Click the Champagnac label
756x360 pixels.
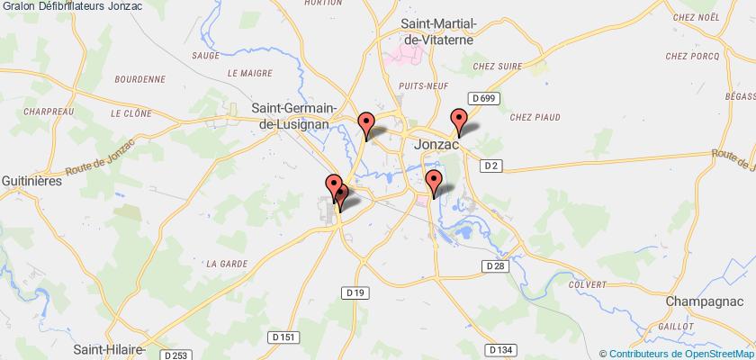(x=710, y=301)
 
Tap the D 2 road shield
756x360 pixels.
(x=491, y=165)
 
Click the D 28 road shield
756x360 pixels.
(x=492, y=265)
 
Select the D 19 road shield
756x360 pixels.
(x=355, y=292)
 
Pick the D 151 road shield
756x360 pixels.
(x=283, y=336)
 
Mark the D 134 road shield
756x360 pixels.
(x=501, y=348)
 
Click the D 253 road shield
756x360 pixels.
(x=179, y=355)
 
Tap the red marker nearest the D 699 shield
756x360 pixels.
(x=459, y=120)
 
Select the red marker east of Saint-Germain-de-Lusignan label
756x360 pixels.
(x=366, y=124)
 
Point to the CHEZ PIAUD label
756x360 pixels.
(x=535, y=117)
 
